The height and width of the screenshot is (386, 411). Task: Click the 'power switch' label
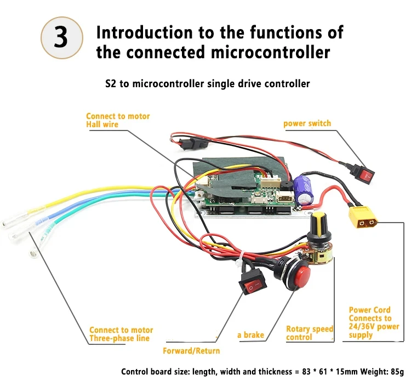coord(307,123)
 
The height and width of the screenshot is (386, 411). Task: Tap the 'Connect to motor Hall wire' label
coord(117,120)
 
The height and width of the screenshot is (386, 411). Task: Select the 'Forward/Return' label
coord(191,350)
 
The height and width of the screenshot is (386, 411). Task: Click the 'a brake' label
coord(250,334)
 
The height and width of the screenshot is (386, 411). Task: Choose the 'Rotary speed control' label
coord(309,333)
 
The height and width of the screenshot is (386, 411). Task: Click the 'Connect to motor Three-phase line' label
coord(121,334)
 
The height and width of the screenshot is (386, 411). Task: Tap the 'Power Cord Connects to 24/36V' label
coord(374,322)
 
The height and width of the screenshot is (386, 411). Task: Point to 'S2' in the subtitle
coord(110,84)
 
